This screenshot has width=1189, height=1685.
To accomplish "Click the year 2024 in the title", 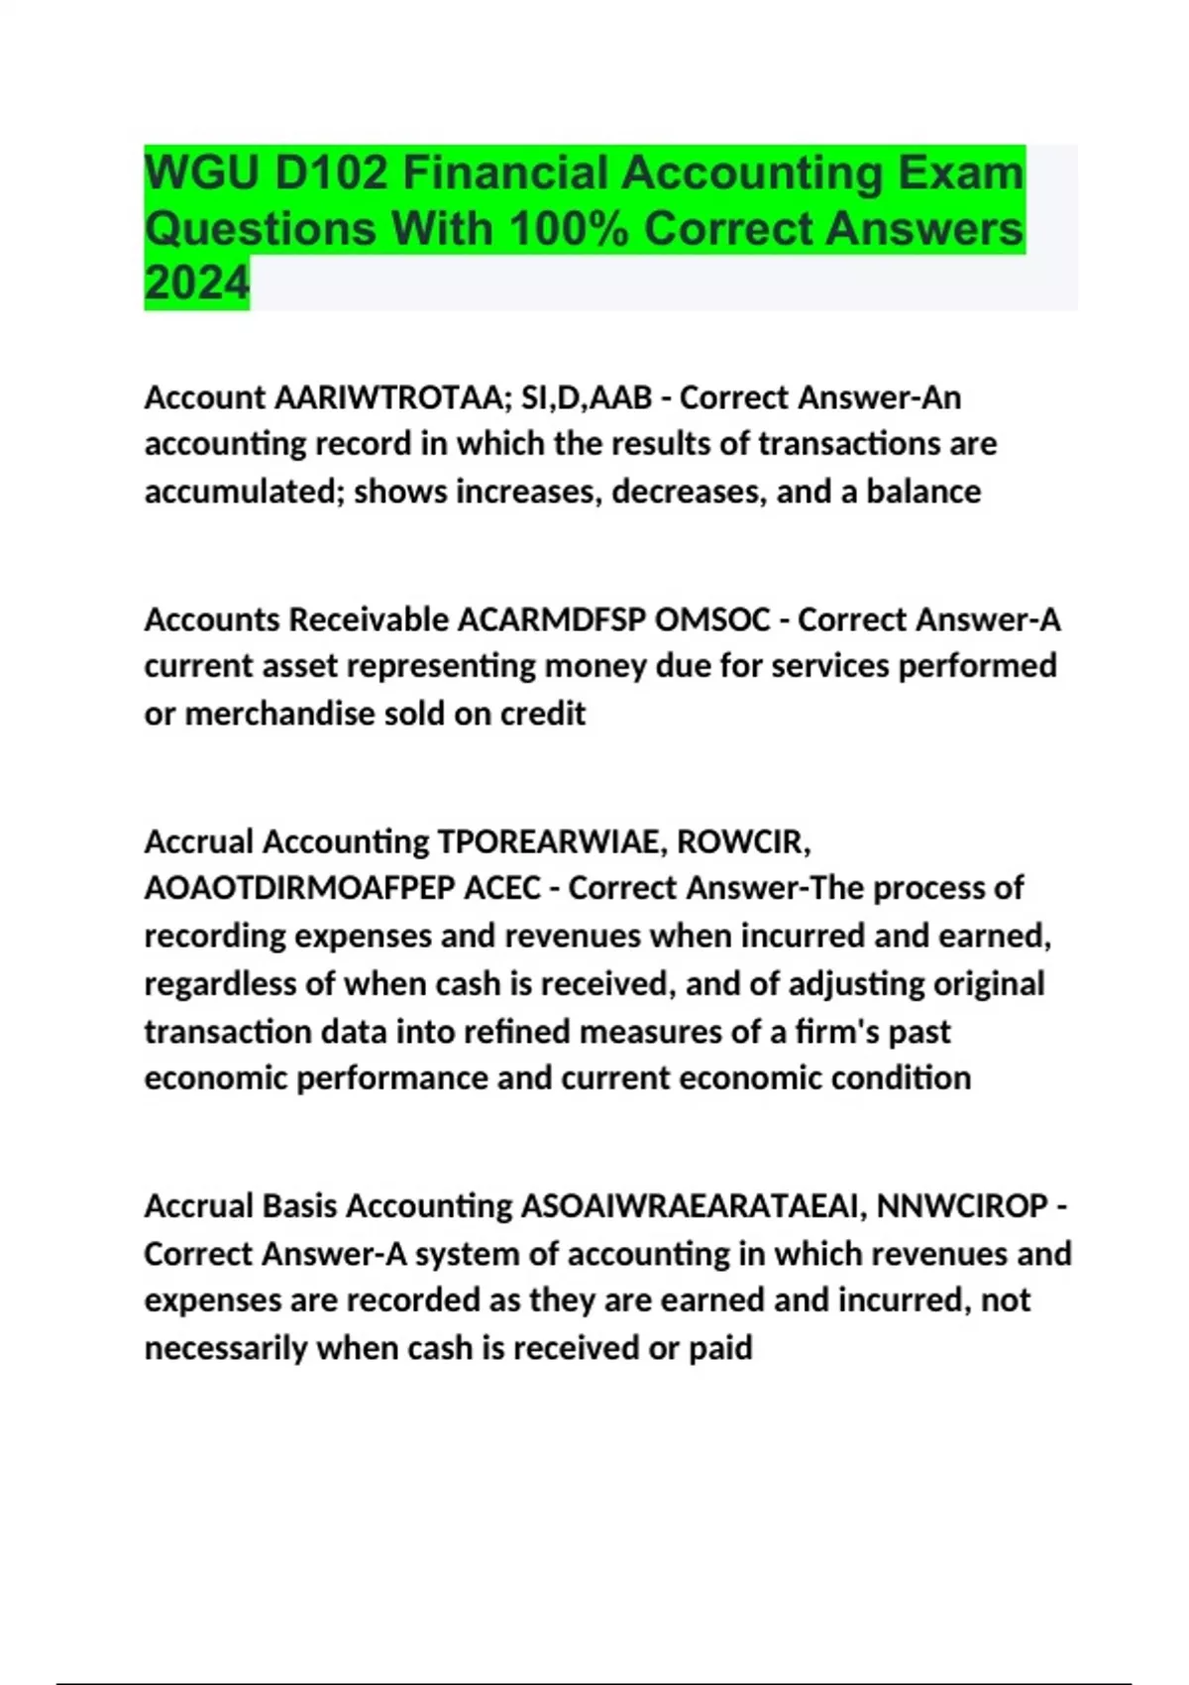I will [196, 282].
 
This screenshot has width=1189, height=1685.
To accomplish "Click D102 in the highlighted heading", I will [332, 173].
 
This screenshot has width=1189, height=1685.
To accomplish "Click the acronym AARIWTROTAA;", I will [392, 397].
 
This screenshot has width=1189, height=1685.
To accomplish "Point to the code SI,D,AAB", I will [587, 397].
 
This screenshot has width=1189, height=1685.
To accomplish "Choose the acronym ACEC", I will [502, 888].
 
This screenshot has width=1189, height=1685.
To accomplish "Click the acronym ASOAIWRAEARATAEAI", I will [694, 1206].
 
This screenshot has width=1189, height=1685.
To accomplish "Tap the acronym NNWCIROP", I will [962, 1206].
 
